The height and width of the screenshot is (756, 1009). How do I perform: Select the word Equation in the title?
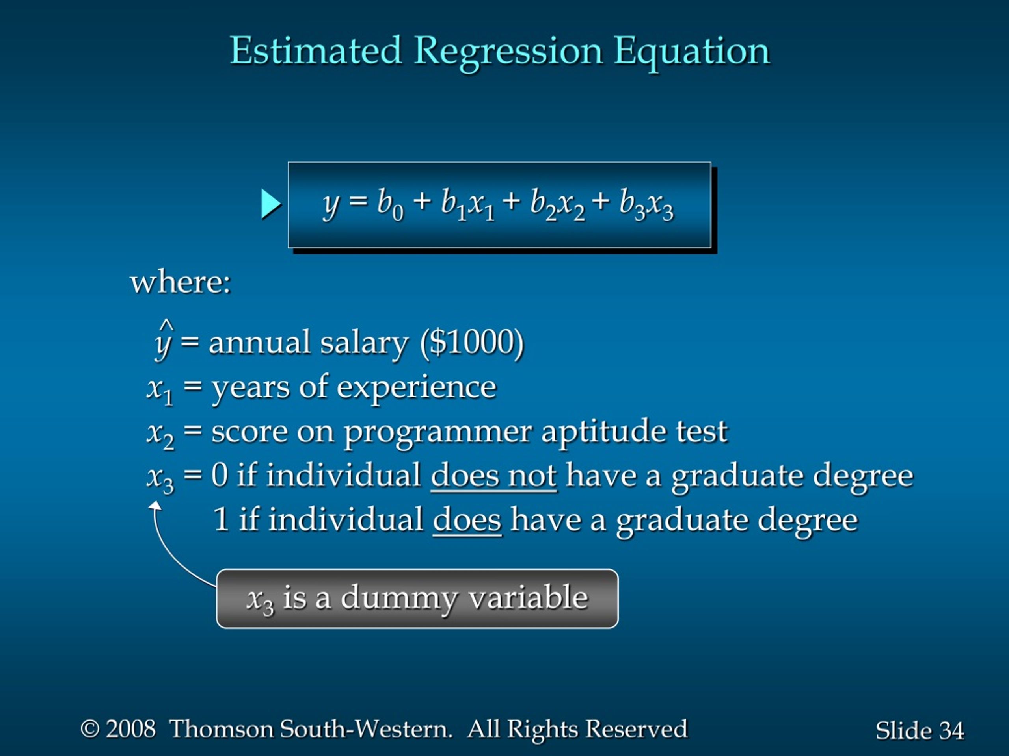(692, 53)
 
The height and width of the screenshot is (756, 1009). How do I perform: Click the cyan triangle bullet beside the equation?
(271, 204)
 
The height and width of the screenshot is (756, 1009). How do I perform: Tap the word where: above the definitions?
(181, 283)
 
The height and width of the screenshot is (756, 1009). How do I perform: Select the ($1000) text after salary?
(472, 342)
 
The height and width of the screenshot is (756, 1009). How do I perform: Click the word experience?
(416, 388)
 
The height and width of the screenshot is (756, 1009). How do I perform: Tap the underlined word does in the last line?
(467, 521)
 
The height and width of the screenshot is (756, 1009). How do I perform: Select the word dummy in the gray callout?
(398, 599)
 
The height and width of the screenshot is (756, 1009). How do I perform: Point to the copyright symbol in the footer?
(90, 729)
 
